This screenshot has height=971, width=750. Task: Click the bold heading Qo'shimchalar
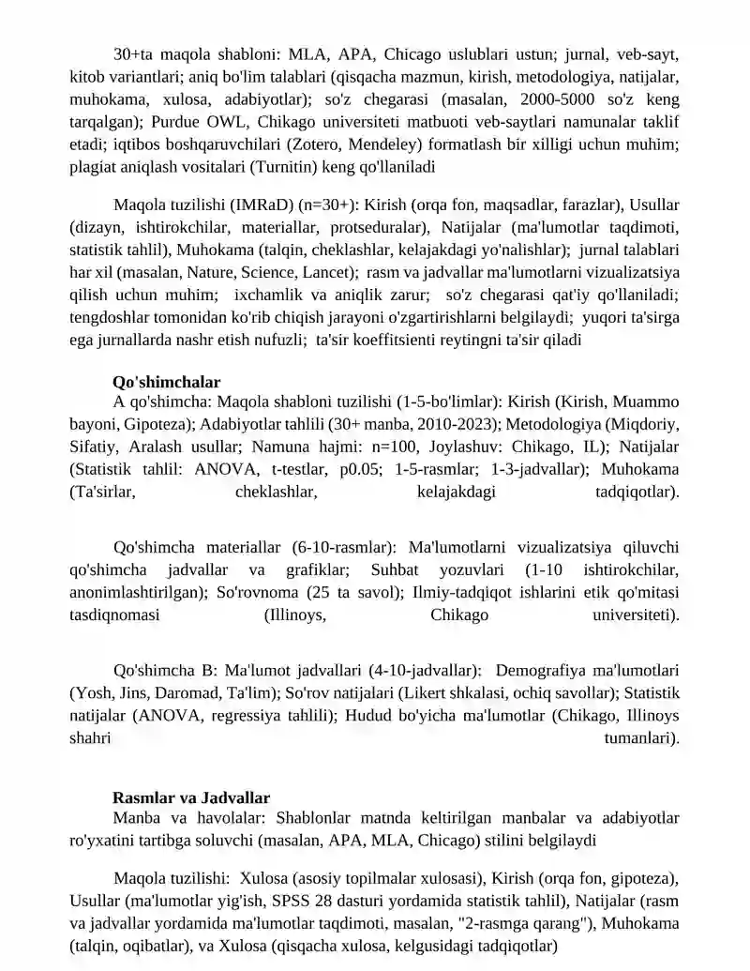[166, 382]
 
